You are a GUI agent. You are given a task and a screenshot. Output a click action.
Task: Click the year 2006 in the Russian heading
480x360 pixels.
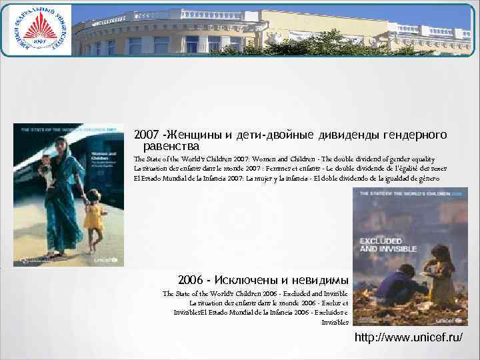click(191, 279)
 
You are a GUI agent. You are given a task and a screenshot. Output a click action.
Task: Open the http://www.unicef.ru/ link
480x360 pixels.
click(409, 339)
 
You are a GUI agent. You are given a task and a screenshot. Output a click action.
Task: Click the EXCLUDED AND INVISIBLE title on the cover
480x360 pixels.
click(387, 243)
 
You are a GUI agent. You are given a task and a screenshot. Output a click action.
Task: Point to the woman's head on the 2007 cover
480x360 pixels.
click(61, 144)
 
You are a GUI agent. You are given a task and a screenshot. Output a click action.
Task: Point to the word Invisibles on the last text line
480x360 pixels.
click(335, 322)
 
